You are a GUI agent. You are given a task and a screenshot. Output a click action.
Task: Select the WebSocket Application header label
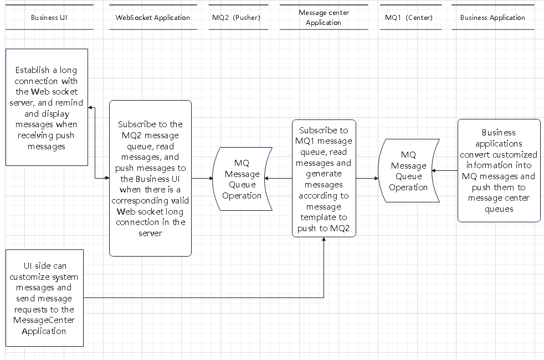click(152, 17)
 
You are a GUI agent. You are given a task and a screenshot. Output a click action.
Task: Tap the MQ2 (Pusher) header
click(236, 17)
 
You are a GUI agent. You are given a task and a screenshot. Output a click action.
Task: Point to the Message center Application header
click(324, 17)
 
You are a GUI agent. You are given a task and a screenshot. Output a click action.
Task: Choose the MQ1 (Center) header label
click(410, 17)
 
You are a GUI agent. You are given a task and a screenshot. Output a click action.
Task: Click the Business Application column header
click(492, 17)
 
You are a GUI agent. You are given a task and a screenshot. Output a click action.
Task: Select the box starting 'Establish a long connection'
click(47, 108)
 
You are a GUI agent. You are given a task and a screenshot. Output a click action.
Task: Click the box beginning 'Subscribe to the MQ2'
click(150, 178)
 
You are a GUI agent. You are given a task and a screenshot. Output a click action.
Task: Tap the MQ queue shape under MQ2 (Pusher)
click(243, 179)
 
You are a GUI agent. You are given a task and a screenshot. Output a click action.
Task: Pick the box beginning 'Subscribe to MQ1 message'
click(324, 178)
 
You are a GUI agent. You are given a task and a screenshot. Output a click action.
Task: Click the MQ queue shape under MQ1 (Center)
click(408, 171)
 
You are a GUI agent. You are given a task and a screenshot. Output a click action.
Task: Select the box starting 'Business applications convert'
click(499, 170)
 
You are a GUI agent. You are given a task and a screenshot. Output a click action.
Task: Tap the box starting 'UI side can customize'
click(44, 299)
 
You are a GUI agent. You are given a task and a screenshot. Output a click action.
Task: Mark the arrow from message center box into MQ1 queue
click(367, 179)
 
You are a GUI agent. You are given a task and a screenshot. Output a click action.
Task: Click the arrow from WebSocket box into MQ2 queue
click(202, 179)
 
